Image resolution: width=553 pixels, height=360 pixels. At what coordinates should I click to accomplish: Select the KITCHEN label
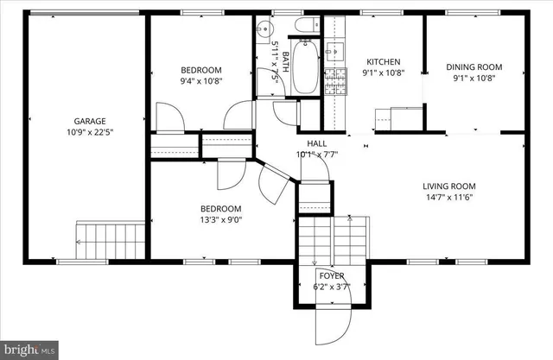click(x=384, y=61)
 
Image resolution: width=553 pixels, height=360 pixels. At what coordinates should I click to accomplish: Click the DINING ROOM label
click(x=473, y=67)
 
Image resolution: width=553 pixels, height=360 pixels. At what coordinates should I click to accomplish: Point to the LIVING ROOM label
click(x=448, y=186)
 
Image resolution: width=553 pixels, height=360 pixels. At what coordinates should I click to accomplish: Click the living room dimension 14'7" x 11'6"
click(x=448, y=197)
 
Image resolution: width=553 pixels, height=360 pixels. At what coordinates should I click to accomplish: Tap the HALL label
click(x=316, y=143)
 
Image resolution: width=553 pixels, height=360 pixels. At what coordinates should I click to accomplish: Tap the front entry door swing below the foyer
click(x=334, y=325)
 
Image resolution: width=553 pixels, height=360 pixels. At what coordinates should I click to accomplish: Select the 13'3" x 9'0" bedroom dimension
click(x=221, y=219)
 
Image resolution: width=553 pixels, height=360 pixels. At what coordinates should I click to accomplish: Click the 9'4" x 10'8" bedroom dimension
click(x=200, y=81)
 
